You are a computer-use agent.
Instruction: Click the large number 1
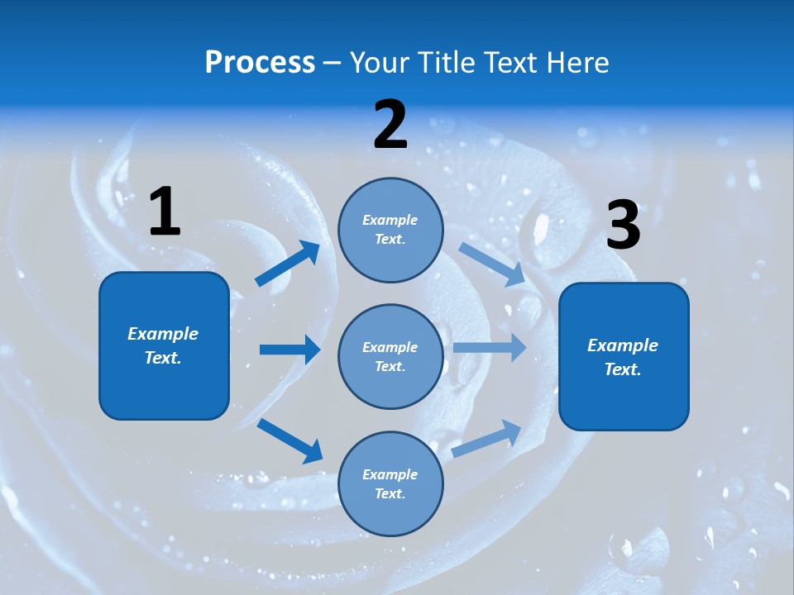(x=165, y=212)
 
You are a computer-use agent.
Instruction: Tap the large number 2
(x=390, y=126)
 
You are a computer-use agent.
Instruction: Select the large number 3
(x=623, y=226)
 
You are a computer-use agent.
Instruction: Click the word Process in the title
(x=260, y=62)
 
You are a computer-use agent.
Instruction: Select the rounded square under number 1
(x=164, y=345)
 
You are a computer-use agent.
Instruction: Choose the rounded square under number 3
(x=624, y=356)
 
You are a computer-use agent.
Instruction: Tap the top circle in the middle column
(x=390, y=230)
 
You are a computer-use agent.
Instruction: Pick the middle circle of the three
(x=390, y=356)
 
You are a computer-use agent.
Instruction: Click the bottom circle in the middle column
(x=390, y=483)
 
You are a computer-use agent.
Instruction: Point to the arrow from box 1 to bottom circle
(x=290, y=440)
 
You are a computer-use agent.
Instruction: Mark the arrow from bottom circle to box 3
(x=486, y=438)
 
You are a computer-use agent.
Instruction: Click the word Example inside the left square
(x=163, y=334)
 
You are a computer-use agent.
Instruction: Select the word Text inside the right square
(x=621, y=369)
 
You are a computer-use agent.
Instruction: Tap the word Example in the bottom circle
(x=390, y=474)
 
